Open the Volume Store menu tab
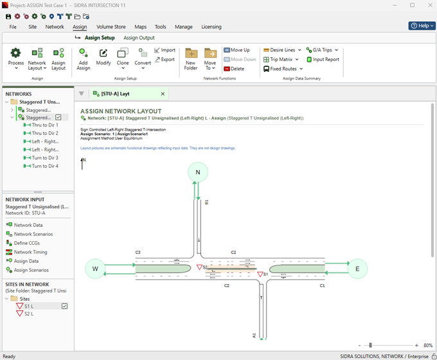pos(111,27)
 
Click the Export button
pos(165,59)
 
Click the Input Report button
pos(323,59)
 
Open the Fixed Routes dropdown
pos(283,69)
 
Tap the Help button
pos(422,26)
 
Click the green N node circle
pos(198,172)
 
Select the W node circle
pos(95,269)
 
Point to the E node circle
pos(357,269)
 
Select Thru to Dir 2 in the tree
pos(45,133)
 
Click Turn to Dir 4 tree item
pos(45,166)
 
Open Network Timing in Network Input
pos(30,252)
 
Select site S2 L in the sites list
pos(29,314)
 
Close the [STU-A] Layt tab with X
pos(163,94)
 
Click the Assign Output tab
pos(139,38)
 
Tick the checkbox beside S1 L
pos(64,306)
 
